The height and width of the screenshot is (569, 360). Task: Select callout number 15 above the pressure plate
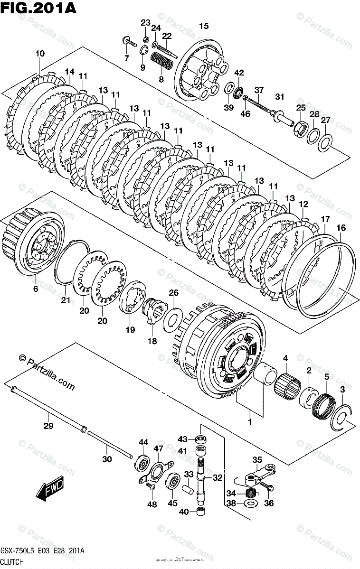pos(204,27)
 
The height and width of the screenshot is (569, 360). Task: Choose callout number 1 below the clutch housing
pos(249,420)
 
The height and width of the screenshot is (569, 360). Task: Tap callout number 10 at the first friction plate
pos(40,54)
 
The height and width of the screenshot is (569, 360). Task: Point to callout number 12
pos(303,204)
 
